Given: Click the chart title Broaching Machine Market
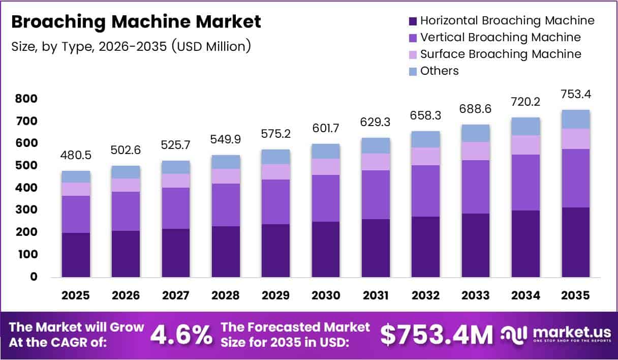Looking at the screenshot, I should pyautogui.click(x=136, y=22).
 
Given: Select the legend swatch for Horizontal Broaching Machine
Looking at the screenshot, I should pyautogui.click(x=413, y=21).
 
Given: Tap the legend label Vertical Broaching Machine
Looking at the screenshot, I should pyautogui.click(x=500, y=37).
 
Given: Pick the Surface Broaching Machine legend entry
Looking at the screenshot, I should pyautogui.click(x=501, y=54).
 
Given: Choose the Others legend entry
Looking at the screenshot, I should pyautogui.click(x=439, y=71).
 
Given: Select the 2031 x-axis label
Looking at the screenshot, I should pyautogui.click(x=376, y=295).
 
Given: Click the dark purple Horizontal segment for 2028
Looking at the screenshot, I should pyautogui.click(x=226, y=251).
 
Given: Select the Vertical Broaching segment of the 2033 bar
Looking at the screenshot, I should pyautogui.click(x=476, y=187).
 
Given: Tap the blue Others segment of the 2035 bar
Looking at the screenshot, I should pyautogui.click(x=576, y=119).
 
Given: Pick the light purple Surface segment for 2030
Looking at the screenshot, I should pyautogui.click(x=326, y=167).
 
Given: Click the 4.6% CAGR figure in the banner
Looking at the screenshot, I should pyautogui.click(x=181, y=335).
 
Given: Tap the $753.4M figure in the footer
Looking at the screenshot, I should pyautogui.click(x=437, y=335).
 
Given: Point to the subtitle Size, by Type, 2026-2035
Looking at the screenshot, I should pyautogui.click(x=131, y=46).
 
